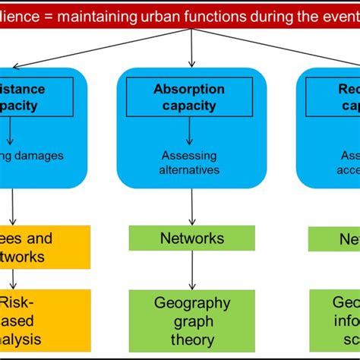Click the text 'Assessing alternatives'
point(190,163)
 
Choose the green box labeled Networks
point(191,238)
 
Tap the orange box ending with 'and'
point(45,247)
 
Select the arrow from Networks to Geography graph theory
point(191,270)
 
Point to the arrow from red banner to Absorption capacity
point(191,46)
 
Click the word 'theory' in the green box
point(192,341)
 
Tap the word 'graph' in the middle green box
point(192,322)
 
